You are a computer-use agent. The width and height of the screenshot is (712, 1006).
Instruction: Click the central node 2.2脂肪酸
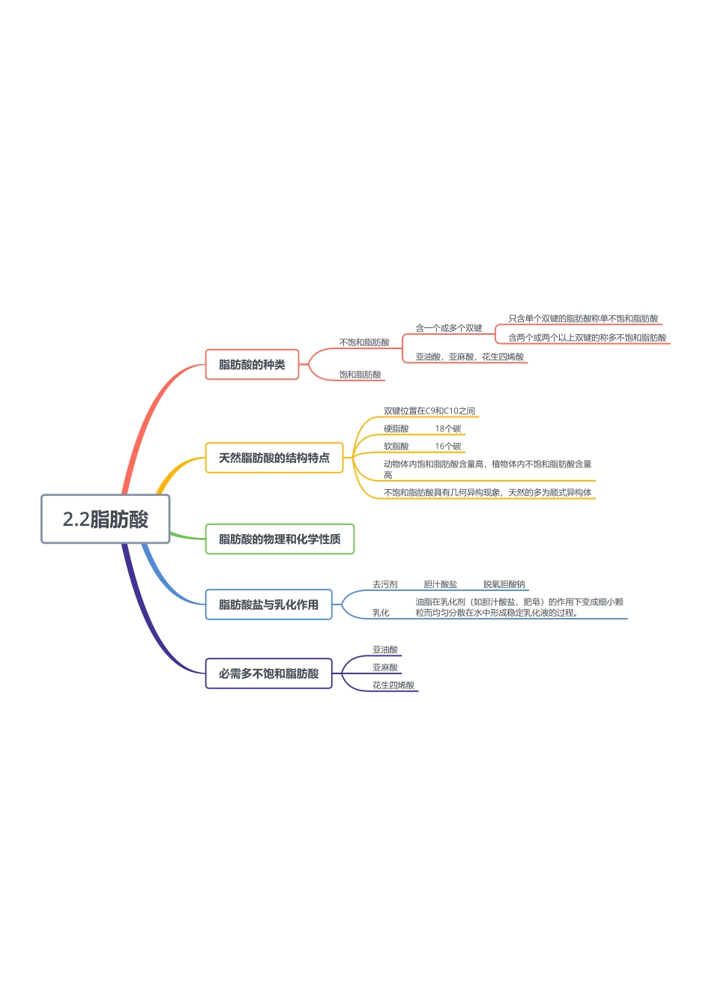point(106,519)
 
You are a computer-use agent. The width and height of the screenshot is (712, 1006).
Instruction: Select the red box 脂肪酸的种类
point(252,365)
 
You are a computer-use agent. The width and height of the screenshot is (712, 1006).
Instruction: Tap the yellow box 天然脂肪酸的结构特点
point(274,458)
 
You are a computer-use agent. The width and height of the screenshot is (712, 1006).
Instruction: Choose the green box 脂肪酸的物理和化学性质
point(280,539)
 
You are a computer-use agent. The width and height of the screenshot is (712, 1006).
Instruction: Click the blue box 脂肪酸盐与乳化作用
point(268,604)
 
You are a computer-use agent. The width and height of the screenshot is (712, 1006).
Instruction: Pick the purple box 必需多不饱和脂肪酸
point(268,673)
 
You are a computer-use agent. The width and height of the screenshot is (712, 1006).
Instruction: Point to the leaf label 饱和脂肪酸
point(360,375)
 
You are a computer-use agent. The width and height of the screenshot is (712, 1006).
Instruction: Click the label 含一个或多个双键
point(449,328)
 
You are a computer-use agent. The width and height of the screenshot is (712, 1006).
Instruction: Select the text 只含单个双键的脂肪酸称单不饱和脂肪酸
point(583,319)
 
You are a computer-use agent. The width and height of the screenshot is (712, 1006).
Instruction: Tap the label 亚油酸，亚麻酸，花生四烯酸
point(470,357)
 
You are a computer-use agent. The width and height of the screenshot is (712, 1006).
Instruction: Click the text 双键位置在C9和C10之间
point(429,410)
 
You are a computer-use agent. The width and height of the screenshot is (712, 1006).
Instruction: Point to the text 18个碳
point(448,428)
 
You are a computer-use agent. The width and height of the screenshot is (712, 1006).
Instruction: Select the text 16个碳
point(448,446)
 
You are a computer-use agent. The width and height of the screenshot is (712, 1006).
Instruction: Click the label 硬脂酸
point(396,428)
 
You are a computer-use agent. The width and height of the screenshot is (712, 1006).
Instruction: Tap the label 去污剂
point(385,584)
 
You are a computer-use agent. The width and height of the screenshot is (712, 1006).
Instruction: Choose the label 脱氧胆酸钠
point(504,584)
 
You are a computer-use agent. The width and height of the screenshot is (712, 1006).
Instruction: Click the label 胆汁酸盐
point(441,584)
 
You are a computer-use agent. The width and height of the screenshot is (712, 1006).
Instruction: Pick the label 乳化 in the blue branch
point(381,613)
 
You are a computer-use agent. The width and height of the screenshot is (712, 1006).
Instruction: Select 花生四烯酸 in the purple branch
point(393,685)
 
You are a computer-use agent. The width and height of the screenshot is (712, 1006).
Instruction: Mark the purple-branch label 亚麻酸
point(385,667)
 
